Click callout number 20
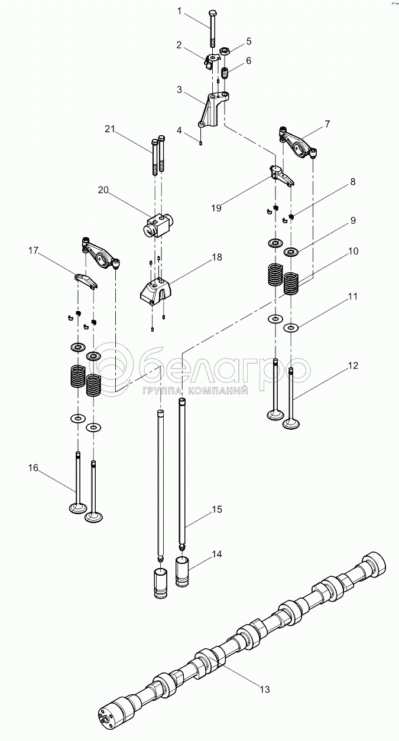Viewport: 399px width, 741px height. pos(103,190)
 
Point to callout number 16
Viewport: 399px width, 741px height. pos(33,468)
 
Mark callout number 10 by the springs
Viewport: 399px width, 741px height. pos(353,251)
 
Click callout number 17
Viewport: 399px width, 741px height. pos(33,251)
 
